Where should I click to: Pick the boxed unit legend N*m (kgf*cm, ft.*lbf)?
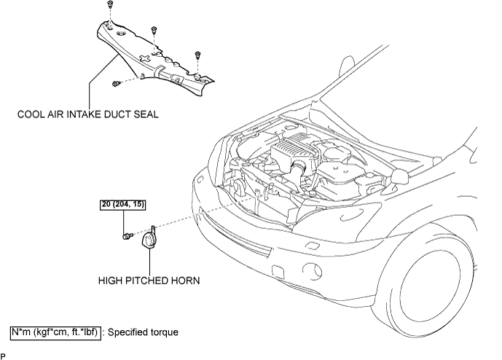(x=55, y=332)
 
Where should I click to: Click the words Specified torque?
(x=143, y=332)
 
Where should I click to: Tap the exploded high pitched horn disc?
(x=147, y=240)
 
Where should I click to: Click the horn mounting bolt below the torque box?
(x=128, y=236)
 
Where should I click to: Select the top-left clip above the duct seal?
(x=110, y=4)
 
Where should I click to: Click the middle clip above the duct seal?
(x=154, y=30)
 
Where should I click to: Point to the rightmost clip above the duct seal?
(x=197, y=55)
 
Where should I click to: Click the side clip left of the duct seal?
(x=116, y=84)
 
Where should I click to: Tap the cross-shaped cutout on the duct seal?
(x=144, y=58)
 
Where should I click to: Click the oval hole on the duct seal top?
(x=121, y=34)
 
